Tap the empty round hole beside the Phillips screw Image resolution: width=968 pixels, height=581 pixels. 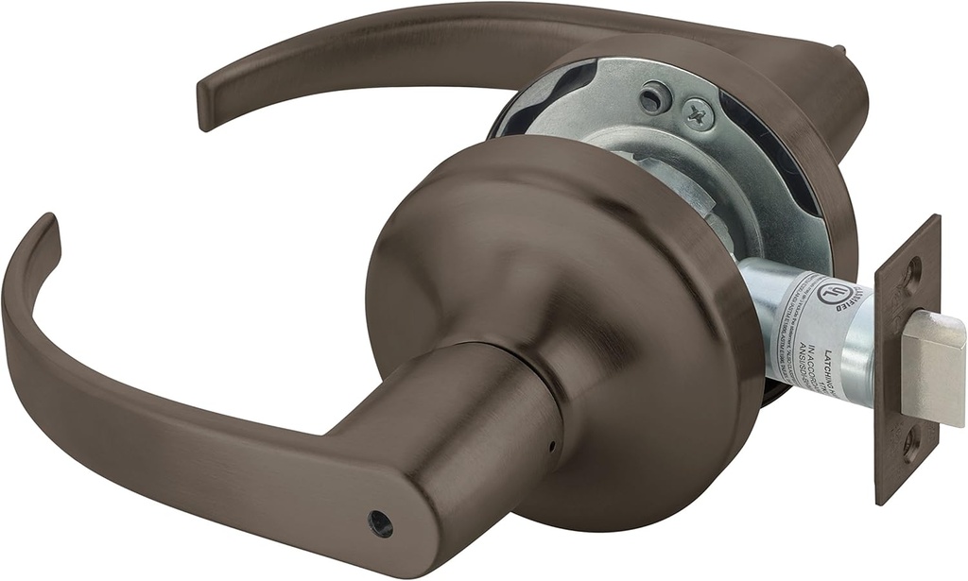[x=655, y=96]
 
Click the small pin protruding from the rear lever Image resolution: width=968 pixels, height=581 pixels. [x=837, y=47]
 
